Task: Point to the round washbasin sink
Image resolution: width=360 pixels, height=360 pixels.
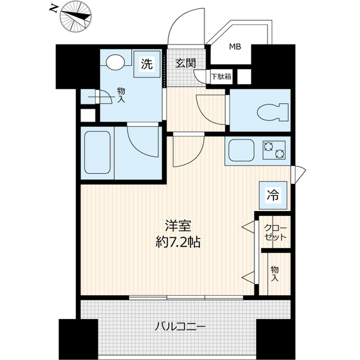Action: pyautogui.click(x=116, y=62)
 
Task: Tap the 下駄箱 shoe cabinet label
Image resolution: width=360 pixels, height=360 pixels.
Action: pyautogui.click(x=220, y=76)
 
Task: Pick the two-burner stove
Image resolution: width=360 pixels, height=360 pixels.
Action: pyautogui.click(x=274, y=150)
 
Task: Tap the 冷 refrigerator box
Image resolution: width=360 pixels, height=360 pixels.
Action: pyautogui.click(x=272, y=195)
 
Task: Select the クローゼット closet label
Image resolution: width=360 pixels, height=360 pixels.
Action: pyautogui.click(x=276, y=232)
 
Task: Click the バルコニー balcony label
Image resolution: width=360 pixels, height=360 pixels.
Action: pyautogui.click(x=180, y=327)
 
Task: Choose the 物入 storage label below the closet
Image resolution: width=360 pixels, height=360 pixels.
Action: pyautogui.click(x=275, y=274)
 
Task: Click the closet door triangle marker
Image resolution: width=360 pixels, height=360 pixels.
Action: pyautogui.click(x=248, y=227)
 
